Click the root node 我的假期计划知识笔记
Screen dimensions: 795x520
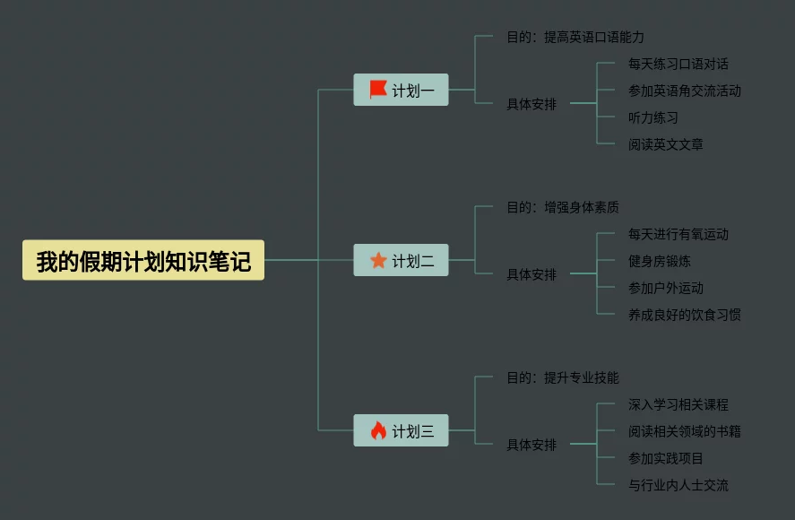click(143, 260)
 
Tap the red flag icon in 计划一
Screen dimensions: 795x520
click(377, 90)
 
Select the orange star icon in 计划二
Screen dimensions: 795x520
click(378, 260)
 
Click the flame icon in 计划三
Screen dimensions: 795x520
click(378, 430)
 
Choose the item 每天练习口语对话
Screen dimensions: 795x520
click(678, 64)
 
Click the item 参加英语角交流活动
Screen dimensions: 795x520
click(685, 91)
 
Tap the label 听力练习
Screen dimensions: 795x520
click(653, 117)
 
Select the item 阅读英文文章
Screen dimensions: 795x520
click(666, 144)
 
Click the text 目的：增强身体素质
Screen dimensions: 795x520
click(563, 207)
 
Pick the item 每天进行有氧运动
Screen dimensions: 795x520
click(678, 234)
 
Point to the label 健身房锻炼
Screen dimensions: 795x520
click(660, 261)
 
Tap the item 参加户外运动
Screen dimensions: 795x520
click(666, 288)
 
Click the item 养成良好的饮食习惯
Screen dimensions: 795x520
click(685, 315)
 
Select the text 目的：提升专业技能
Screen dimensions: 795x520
click(563, 377)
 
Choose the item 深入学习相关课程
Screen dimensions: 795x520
click(678, 404)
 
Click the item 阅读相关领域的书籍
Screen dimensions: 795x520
click(685, 431)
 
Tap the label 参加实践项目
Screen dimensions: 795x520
click(666, 458)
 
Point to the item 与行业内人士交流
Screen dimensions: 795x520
click(678, 485)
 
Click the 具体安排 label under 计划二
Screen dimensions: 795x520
click(531, 274)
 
